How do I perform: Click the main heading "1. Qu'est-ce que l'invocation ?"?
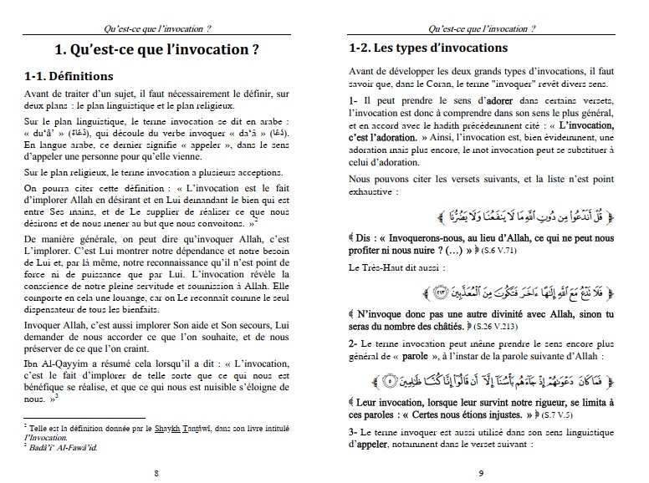(163, 48)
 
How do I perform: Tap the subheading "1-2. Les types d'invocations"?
(427, 48)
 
